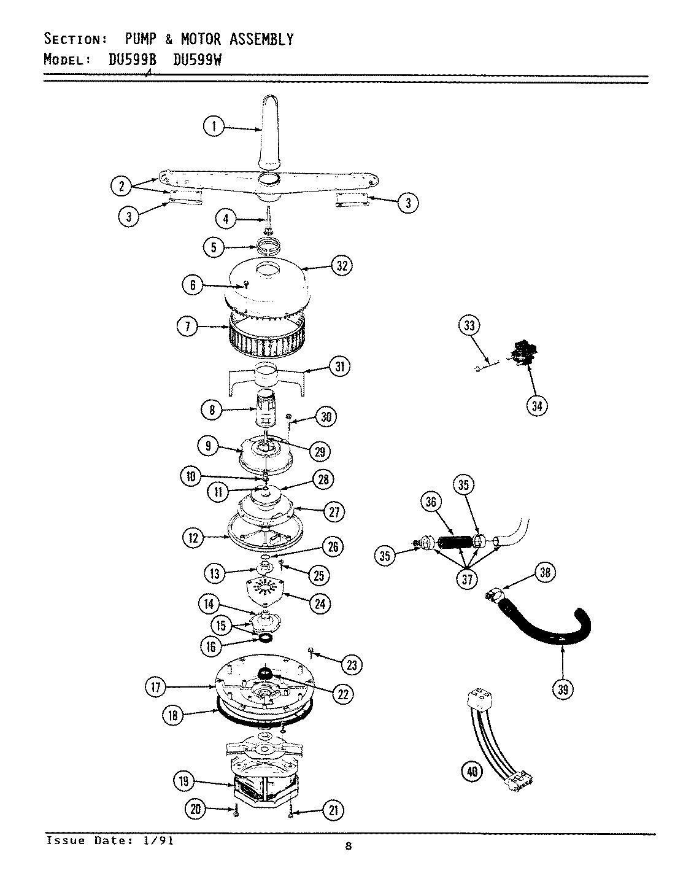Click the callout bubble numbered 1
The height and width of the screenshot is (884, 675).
point(214,127)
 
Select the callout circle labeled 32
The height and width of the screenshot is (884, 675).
point(342,266)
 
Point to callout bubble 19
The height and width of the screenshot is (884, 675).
point(184,781)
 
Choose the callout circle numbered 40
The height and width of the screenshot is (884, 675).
point(471,771)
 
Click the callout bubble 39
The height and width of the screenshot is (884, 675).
point(563,689)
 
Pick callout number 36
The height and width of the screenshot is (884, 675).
point(430,502)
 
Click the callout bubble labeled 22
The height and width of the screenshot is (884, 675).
point(342,694)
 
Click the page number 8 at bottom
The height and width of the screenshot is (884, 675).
point(348,848)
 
